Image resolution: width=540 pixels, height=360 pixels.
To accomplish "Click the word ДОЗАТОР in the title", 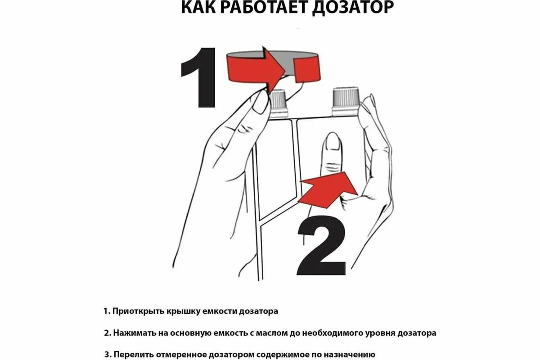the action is [x=353, y=8].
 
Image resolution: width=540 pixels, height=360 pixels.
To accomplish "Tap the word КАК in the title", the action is [x=198, y=7].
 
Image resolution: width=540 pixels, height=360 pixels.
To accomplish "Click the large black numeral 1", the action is [x=198, y=78].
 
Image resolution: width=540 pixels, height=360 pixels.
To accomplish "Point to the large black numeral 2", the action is [x=321, y=245].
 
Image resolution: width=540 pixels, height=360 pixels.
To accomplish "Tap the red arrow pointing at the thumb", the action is [x=328, y=190].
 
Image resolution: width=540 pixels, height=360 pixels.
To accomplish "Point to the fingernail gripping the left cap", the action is [x=261, y=103].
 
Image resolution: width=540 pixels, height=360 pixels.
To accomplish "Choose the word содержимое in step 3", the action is [x=282, y=355].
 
